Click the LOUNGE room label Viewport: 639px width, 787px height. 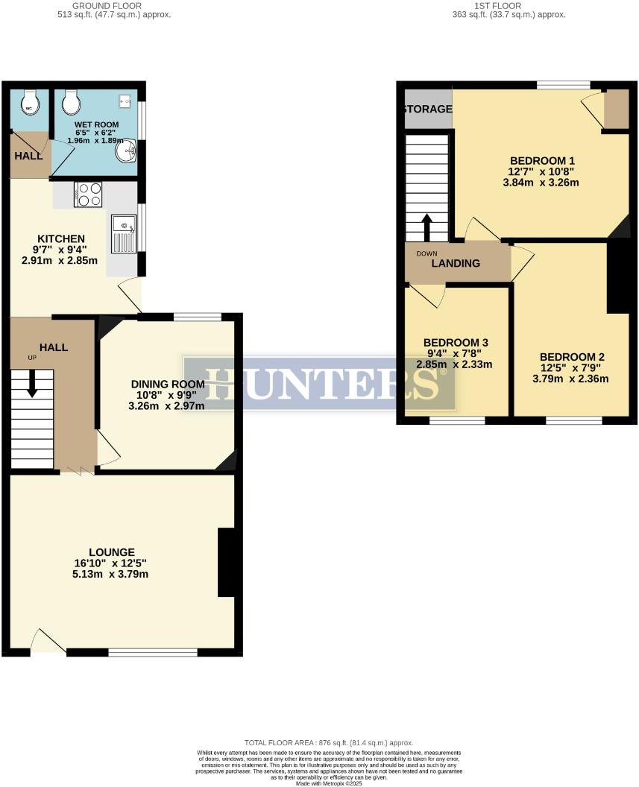click(x=115, y=552)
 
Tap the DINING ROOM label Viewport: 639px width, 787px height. click(x=167, y=384)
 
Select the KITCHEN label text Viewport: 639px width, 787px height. click(x=54, y=238)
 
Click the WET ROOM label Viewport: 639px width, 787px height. click(x=92, y=124)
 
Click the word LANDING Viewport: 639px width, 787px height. click(x=456, y=263)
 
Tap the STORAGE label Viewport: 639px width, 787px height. click(x=428, y=110)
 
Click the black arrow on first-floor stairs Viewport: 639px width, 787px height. click(x=427, y=227)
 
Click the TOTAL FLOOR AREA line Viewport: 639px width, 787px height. click(x=328, y=743)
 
